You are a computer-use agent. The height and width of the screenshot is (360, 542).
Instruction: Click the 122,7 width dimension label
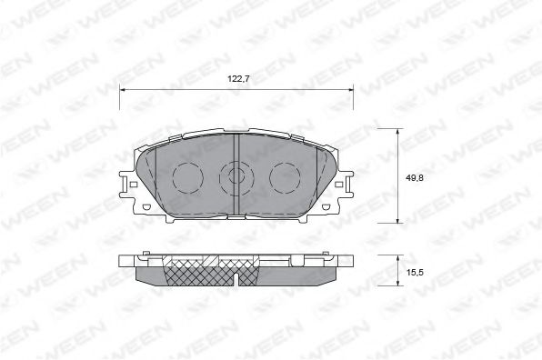coord(238,80)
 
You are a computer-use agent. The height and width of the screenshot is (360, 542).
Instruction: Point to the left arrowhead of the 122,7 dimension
coord(125,89)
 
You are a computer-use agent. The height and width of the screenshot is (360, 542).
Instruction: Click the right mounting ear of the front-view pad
coord(344,188)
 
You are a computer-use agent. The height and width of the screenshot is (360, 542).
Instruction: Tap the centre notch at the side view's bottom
coord(236,275)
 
